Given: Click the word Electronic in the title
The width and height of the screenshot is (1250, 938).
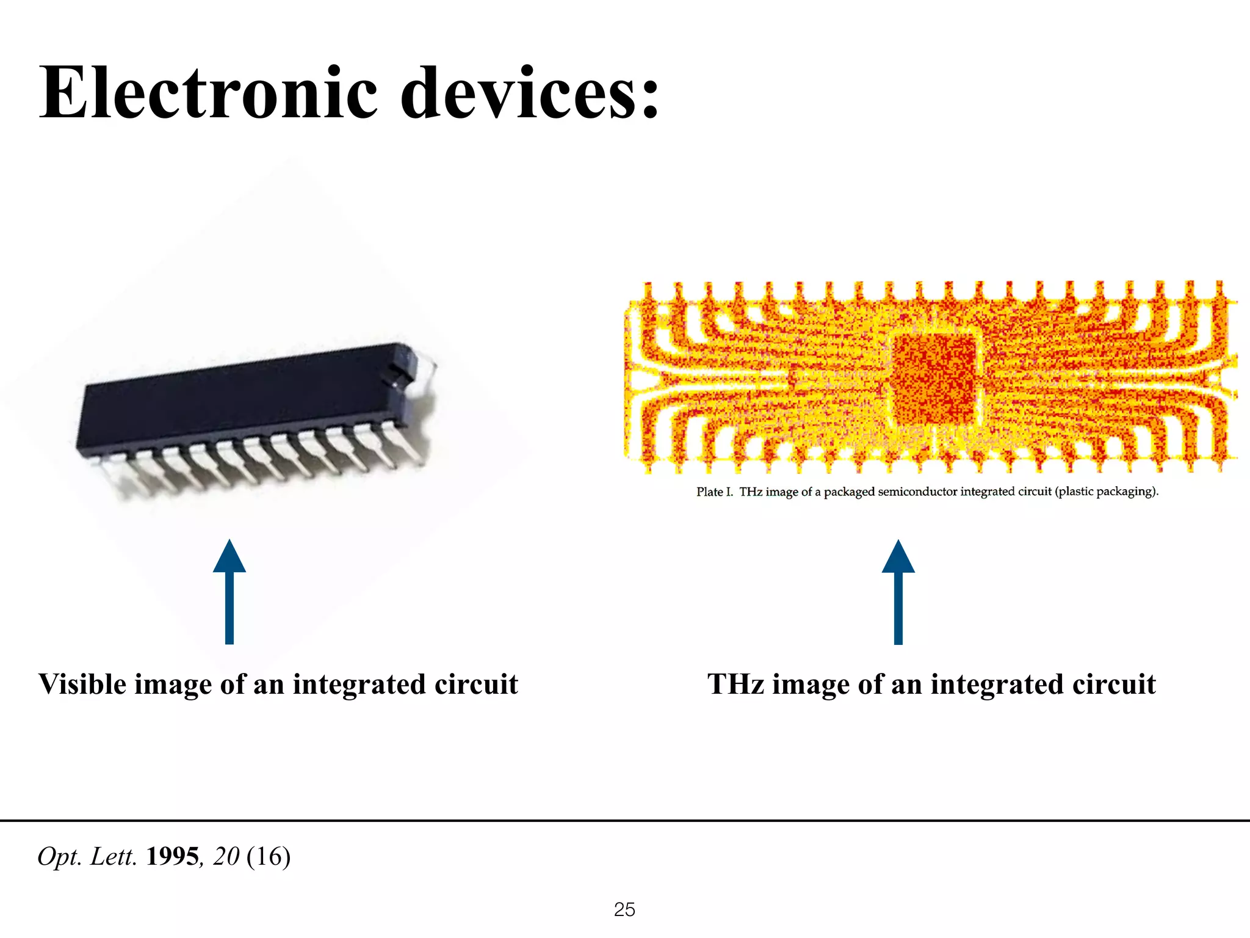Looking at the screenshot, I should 208,93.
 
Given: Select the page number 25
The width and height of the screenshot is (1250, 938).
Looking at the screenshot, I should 624,909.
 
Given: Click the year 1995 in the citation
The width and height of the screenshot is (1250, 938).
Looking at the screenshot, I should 173,856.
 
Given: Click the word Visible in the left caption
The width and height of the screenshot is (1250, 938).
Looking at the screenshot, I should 82,684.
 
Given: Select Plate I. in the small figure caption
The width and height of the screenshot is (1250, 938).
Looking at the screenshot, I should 714,492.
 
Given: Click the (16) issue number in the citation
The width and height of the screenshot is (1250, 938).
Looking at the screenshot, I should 269,856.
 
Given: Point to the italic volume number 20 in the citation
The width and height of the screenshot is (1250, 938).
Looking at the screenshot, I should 226,856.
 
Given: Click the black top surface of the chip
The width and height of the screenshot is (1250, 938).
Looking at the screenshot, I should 238,397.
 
